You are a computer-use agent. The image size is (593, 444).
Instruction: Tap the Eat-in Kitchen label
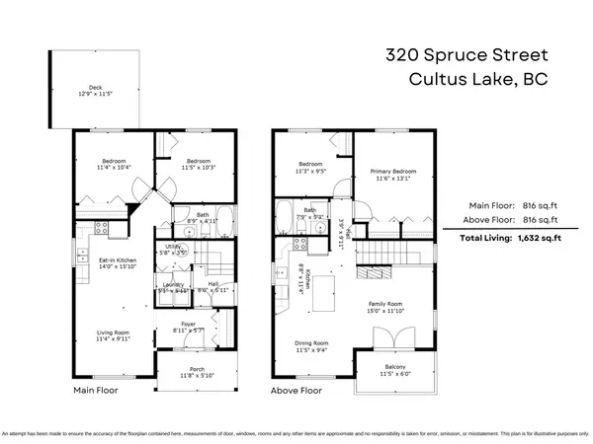click(115, 259)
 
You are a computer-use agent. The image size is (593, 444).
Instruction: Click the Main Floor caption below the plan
click(97, 391)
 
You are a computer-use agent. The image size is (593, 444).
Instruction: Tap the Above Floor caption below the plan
click(296, 391)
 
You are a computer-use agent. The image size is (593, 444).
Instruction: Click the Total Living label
click(486, 239)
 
